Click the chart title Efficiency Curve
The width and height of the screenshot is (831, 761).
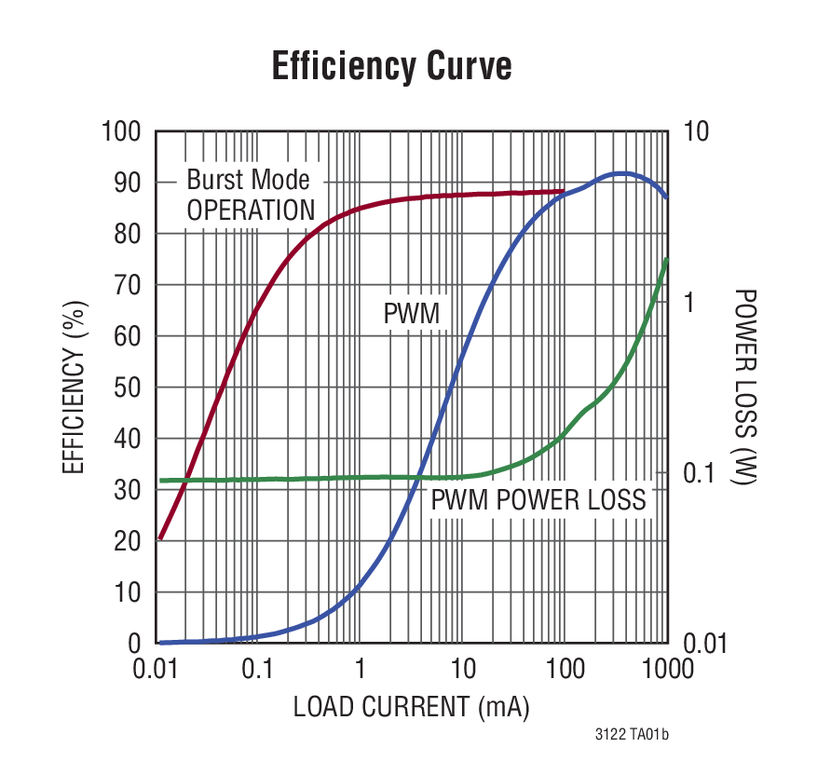click(391, 67)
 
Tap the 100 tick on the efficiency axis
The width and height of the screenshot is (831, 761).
click(121, 132)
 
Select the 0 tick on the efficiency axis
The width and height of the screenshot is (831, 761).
click(134, 643)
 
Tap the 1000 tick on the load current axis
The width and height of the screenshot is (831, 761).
click(667, 670)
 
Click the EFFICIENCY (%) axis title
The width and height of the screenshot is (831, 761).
click(75, 387)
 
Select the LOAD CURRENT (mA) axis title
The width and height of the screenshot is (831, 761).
click(411, 707)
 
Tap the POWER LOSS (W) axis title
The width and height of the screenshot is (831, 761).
click(745, 387)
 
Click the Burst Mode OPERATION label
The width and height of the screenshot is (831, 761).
click(250, 195)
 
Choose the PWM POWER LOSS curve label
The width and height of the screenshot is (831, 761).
click(538, 500)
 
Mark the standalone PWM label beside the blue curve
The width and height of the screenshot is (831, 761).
click(411, 314)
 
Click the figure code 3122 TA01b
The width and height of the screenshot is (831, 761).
click(632, 736)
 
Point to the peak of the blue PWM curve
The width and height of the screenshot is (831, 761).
click(621, 173)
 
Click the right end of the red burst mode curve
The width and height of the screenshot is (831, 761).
click(564, 191)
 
